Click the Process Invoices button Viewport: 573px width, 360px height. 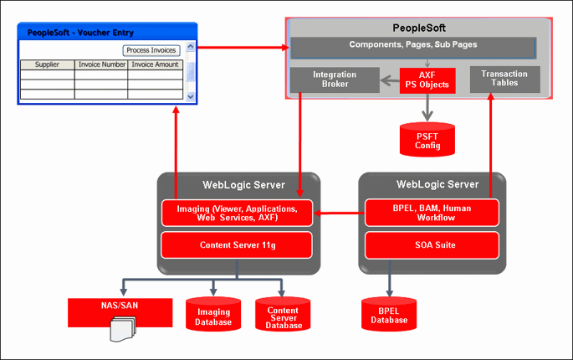point(151,50)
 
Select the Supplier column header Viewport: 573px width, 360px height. point(47,64)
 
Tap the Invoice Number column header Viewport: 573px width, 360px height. point(101,64)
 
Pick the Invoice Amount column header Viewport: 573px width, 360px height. point(155,64)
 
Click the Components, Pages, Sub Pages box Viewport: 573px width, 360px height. point(412,44)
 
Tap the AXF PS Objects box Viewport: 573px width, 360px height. point(427,80)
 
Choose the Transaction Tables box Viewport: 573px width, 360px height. point(504,79)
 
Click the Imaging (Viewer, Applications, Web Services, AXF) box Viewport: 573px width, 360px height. point(236,213)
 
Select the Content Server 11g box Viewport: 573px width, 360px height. point(236,244)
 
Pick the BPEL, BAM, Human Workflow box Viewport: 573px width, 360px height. point(432,213)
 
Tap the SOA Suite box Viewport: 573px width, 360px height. point(432,244)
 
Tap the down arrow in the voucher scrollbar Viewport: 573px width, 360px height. point(190,96)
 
